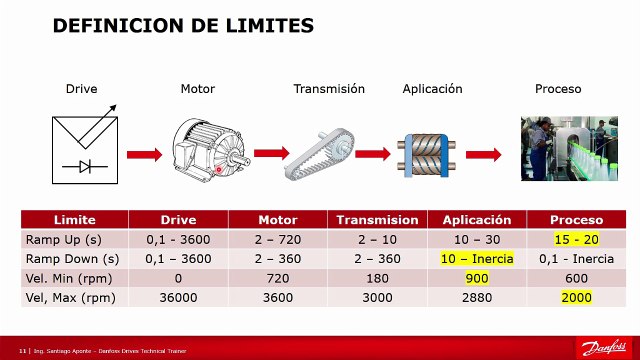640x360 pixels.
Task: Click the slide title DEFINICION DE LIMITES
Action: point(183,25)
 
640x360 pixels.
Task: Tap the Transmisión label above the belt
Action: point(329,89)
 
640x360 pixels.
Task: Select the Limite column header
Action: point(75,220)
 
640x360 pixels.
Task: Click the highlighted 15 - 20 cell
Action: point(576,240)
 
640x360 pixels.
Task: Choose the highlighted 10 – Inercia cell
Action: point(477,259)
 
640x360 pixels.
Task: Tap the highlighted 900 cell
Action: point(477,278)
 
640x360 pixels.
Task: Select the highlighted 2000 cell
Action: point(576,298)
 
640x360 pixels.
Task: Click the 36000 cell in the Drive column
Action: point(178,298)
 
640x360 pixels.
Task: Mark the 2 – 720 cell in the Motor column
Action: point(278,240)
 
